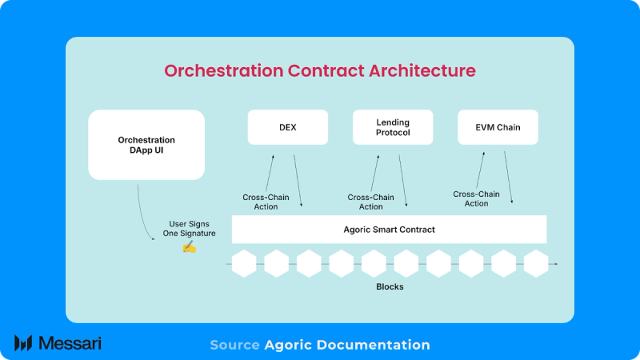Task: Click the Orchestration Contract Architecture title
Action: (x=320, y=70)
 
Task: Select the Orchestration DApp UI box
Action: (x=146, y=145)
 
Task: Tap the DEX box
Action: (x=288, y=127)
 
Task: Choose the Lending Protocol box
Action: (x=393, y=127)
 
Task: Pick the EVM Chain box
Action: (x=498, y=127)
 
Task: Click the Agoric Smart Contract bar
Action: (x=389, y=230)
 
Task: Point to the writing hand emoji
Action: (x=189, y=246)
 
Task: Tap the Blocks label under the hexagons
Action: (x=390, y=286)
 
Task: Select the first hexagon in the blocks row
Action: (x=244, y=262)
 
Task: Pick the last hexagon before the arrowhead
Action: (x=535, y=262)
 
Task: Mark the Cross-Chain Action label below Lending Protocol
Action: (x=370, y=202)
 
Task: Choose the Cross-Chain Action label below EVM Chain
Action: (x=476, y=198)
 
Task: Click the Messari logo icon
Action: (x=23, y=343)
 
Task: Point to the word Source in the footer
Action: (x=234, y=345)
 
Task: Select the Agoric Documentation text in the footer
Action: (x=346, y=345)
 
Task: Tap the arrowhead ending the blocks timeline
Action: (x=555, y=263)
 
